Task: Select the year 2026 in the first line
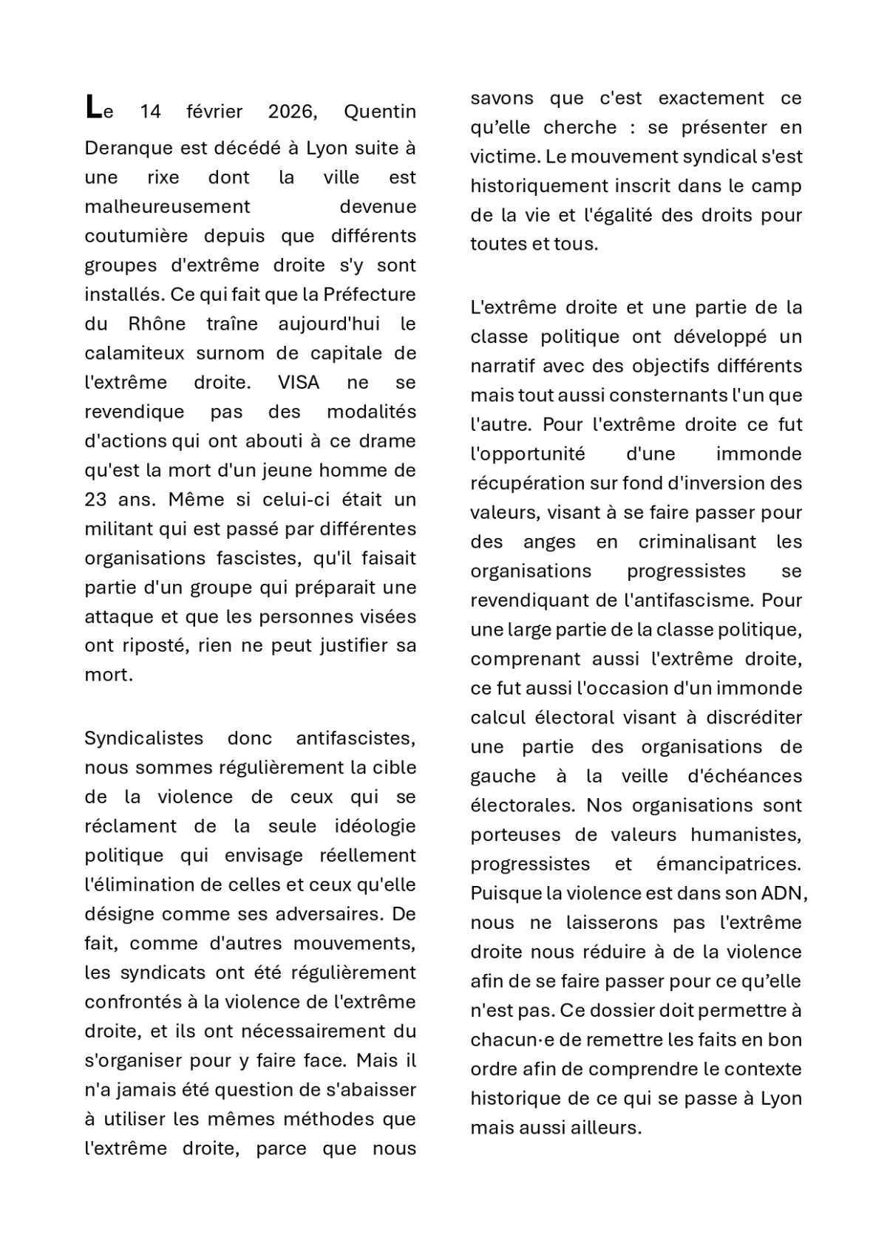(x=292, y=112)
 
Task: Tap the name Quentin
(x=380, y=112)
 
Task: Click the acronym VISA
(x=299, y=382)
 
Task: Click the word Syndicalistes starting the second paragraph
(x=144, y=738)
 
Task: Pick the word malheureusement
(x=167, y=207)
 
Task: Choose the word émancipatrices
(x=728, y=864)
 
